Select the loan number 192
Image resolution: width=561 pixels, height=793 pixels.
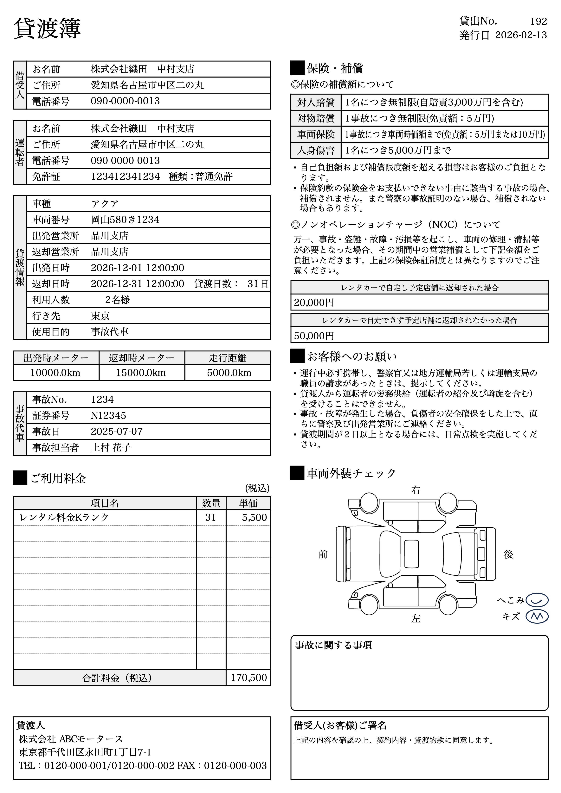(x=538, y=22)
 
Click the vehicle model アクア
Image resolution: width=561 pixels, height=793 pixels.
(x=105, y=204)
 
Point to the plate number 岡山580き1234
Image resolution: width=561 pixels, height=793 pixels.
(x=125, y=220)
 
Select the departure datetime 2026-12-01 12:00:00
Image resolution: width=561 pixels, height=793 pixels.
(x=137, y=268)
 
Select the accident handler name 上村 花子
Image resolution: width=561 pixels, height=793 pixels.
(x=111, y=448)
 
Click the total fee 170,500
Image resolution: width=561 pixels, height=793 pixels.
(x=249, y=678)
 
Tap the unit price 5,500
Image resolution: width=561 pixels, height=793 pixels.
(x=254, y=517)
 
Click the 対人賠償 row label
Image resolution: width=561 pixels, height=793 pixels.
(x=316, y=102)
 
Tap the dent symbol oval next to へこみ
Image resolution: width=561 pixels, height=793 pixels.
(x=537, y=600)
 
